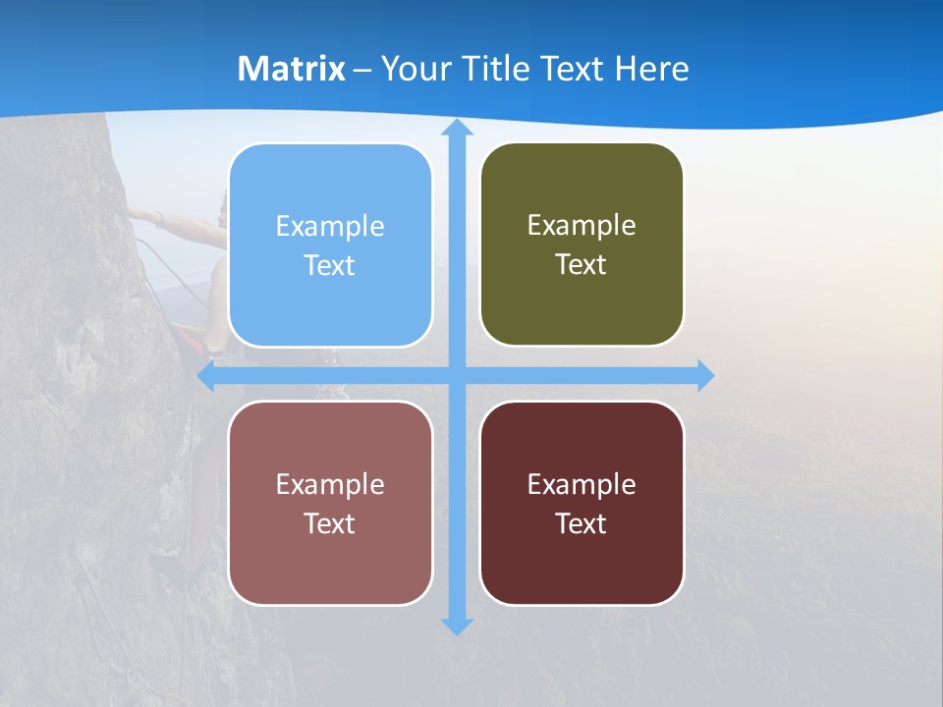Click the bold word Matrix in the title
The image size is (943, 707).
tap(292, 69)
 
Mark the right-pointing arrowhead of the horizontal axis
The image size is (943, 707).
tap(704, 375)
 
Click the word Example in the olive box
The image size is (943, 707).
tap(582, 225)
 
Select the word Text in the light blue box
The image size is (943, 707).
tap(330, 265)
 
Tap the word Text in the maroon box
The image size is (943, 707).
tap(582, 523)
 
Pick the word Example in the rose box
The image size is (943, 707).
tap(330, 484)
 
